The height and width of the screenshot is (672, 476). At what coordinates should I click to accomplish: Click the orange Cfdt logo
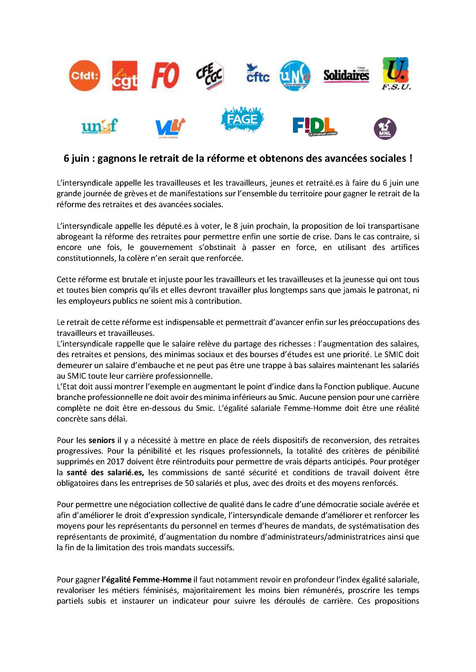pos(84,76)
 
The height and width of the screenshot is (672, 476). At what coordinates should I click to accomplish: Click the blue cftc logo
pos(258,74)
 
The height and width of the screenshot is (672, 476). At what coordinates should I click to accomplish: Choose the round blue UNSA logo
pos(295,76)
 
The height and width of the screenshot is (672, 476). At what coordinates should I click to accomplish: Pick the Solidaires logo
pos(346,75)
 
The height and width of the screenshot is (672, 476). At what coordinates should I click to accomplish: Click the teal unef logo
pos(100,126)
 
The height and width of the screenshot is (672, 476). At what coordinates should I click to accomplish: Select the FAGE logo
pos(242,119)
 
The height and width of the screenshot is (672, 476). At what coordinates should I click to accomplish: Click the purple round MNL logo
pos(385,128)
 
